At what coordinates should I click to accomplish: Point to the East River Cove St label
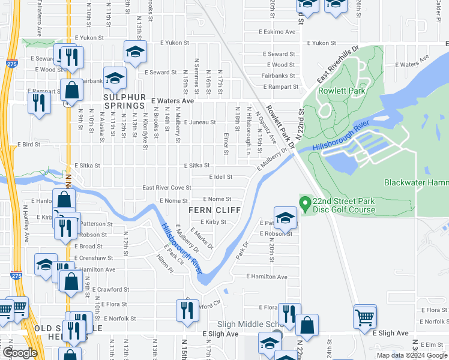pos(166,187)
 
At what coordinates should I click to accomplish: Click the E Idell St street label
pos(220,177)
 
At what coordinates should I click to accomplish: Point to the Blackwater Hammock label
pos(416,182)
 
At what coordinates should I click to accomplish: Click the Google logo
pos(20,353)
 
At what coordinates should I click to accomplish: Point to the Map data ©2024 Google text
pos(411,355)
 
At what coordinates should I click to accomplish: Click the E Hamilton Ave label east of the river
pos(267,277)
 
